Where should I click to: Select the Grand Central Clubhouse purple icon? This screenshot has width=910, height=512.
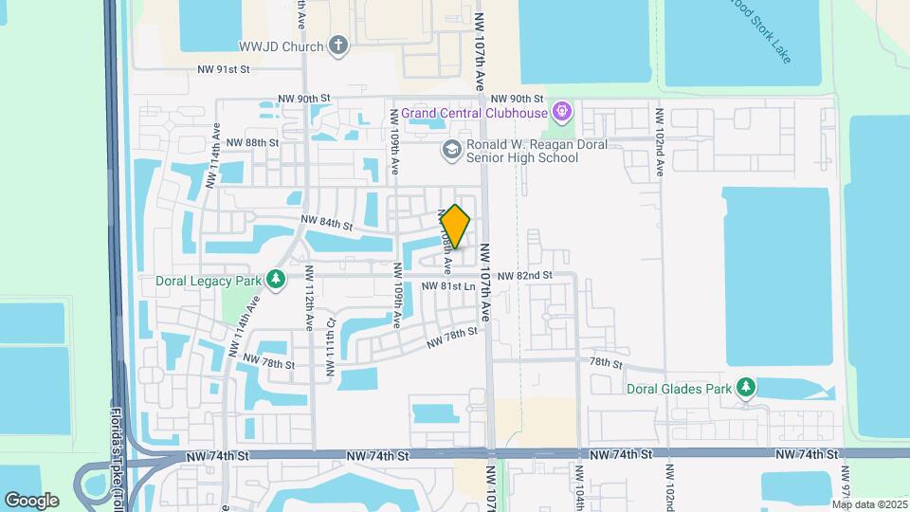coord(562,114)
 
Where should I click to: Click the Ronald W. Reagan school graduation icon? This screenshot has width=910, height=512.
coord(452,149)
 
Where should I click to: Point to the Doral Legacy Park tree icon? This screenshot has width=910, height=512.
coord(276,280)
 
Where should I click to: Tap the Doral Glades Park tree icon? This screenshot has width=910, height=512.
coord(748,387)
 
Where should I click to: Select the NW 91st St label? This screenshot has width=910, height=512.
coord(223,69)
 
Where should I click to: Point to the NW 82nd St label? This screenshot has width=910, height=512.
coord(524,276)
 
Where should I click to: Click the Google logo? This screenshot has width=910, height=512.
coord(31,500)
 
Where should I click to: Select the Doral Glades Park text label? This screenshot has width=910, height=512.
coord(679,387)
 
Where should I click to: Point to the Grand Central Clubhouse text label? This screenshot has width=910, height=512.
coord(474,114)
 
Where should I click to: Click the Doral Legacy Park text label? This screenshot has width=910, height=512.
coord(209,281)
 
